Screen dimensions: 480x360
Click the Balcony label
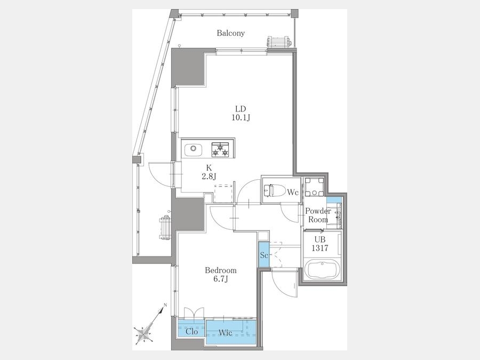(231, 33)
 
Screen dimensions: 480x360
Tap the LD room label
(241, 109)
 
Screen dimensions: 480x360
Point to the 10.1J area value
(241, 117)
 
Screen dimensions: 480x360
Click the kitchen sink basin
(193, 149)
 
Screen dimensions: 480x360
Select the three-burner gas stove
(220, 149)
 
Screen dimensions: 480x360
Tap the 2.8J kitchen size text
(209, 176)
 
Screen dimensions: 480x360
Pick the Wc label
(293, 193)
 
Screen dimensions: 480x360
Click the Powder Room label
(318, 215)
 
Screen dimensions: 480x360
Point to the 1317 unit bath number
(320, 248)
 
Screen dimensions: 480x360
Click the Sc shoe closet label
(264, 255)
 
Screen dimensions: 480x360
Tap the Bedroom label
(221, 270)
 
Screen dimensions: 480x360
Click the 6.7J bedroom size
(221, 279)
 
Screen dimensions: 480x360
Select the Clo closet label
(191, 332)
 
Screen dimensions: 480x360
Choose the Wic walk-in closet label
(225, 333)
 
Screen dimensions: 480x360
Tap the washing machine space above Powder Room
(314, 187)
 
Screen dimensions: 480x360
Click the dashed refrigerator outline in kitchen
(223, 194)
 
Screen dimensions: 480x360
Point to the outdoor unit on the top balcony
(278, 42)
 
